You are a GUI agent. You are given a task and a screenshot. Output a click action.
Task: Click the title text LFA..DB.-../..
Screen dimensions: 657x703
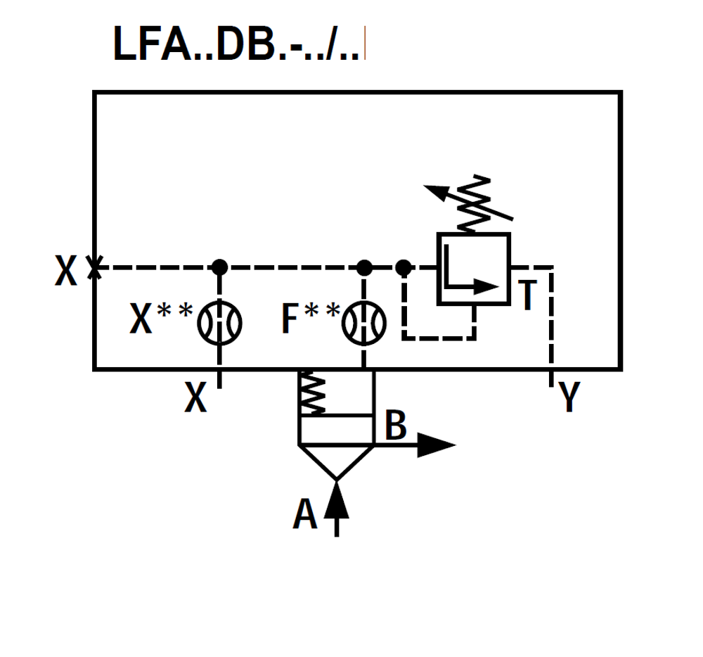[x=239, y=45]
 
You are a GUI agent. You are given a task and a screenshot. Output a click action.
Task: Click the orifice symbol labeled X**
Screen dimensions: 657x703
[x=219, y=324]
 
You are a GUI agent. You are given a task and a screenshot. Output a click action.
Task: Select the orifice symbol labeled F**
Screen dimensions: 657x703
[x=363, y=324]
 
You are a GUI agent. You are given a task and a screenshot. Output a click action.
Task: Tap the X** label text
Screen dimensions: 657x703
[x=161, y=319]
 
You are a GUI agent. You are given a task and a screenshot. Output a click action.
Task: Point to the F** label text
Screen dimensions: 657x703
[x=309, y=319]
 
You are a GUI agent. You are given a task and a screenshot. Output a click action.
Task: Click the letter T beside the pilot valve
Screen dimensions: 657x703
[x=528, y=295]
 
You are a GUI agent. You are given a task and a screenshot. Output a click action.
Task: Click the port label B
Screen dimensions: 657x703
[x=396, y=426]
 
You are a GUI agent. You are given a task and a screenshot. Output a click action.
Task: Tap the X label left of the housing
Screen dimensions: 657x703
[x=66, y=271]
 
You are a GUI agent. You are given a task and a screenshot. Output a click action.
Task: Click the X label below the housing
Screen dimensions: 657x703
[x=196, y=398]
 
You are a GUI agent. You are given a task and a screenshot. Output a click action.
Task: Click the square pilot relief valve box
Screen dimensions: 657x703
[x=473, y=269]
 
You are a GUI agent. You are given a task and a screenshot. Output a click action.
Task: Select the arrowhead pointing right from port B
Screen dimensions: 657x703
[x=435, y=445]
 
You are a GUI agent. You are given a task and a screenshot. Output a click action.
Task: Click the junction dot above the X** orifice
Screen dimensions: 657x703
[x=219, y=267]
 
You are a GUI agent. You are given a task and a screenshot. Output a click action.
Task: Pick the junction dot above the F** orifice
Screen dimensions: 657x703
[x=363, y=267]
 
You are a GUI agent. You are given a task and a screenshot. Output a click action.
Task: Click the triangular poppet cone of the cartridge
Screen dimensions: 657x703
[x=336, y=460]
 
